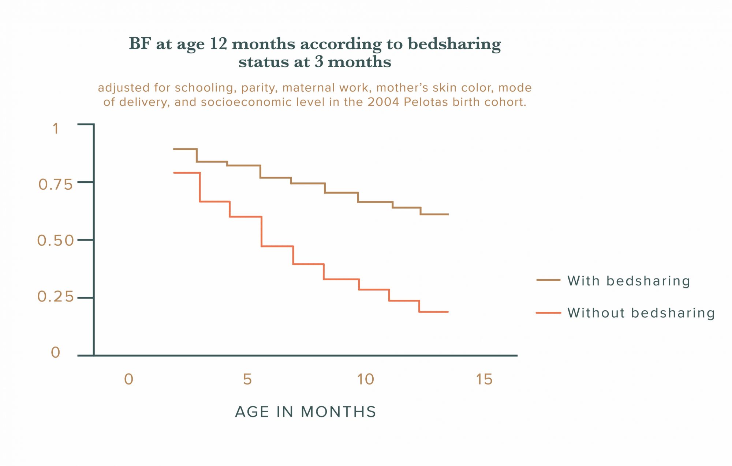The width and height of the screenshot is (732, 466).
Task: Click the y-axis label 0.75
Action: point(55,185)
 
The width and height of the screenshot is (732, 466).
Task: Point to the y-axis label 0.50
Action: point(55,241)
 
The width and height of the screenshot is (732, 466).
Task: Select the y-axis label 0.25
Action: point(55,297)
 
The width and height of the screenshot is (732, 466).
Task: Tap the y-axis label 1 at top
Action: point(56,129)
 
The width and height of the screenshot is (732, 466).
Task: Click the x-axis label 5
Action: point(247,380)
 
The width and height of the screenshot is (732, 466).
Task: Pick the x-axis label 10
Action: point(366,380)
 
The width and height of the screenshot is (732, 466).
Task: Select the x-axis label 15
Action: point(484,380)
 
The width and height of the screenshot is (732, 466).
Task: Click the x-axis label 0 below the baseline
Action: point(128,380)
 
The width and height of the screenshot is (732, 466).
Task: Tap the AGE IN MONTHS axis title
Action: point(306,412)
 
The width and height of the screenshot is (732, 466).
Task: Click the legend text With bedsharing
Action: point(628,281)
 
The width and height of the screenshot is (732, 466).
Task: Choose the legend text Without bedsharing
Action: point(641,313)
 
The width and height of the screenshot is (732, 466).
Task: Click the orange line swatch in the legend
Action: point(548,313)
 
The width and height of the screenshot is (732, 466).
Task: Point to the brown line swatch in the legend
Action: point(548,280)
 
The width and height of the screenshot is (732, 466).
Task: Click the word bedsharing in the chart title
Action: point(454,44)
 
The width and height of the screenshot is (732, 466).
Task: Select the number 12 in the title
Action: point(219,44)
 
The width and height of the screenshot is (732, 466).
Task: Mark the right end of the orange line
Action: point(448,312)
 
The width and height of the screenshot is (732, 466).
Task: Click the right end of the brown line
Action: point(448,214)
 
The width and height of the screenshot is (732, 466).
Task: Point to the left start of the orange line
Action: point(175,173)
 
